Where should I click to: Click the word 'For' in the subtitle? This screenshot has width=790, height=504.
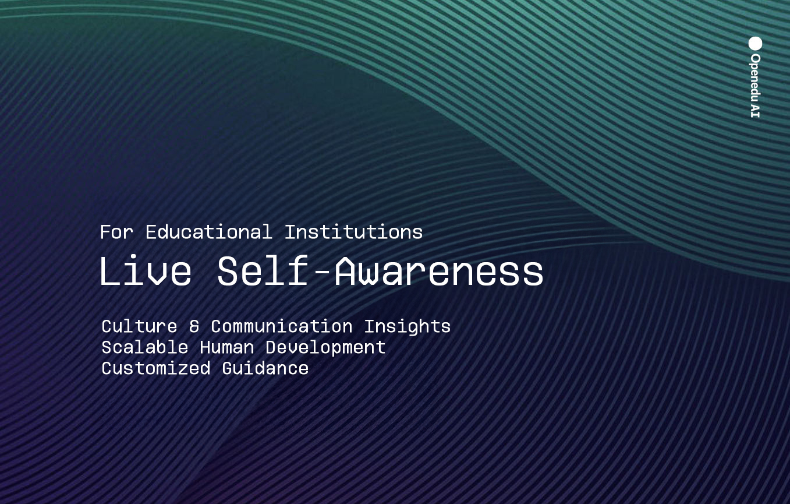coord(116,232)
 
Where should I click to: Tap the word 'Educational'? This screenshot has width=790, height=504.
coord(208,232)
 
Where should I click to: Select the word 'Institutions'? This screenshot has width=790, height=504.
coord(353,232)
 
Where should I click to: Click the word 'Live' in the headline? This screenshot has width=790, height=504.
coord(146,270)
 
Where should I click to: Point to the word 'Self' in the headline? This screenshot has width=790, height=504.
coord(263,270)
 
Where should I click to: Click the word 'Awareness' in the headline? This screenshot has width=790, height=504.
coord(439,270)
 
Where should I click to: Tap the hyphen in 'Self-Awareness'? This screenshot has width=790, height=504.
coord(321,272)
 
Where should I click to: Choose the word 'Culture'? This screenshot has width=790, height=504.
coord(139,326)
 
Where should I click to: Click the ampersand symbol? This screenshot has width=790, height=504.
coord(194,326)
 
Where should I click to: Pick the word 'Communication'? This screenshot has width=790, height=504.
coord(282,326)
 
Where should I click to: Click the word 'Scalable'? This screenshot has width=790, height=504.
coord(144,347)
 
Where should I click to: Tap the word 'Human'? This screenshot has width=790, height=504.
coord(227,347)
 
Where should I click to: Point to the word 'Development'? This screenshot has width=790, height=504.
coord(325,348)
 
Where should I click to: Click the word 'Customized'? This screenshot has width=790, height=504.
coord(156,368)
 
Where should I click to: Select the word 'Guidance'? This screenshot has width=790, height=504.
coord(265,368)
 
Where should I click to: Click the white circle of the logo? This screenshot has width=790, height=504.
coord(755,44)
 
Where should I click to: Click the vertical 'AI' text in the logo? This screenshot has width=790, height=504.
coord(755,111)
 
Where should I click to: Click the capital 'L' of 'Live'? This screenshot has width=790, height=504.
coord(110,270)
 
